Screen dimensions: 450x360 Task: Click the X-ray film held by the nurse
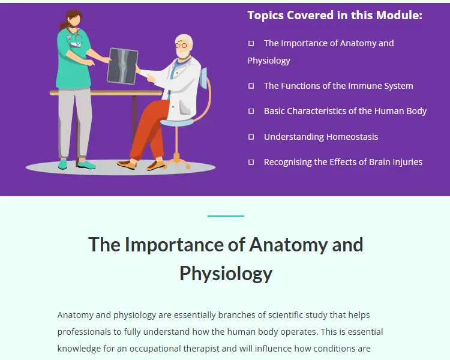(122, 67)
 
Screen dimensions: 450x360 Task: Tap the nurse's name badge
(76, 44)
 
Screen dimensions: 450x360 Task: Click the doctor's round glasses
(181, 46)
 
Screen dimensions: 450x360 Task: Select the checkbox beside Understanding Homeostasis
(251, 137)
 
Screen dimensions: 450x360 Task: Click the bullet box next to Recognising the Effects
(251, 162)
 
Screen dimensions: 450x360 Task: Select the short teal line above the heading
(226, 216)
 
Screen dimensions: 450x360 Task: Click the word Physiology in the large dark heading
(226, 274)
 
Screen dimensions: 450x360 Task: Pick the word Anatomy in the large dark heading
(288, 245)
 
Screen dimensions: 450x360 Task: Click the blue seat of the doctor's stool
(177, 122)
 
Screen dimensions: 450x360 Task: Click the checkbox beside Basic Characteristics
(251, 111)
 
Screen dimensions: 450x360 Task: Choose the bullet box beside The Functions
(251, 86)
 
